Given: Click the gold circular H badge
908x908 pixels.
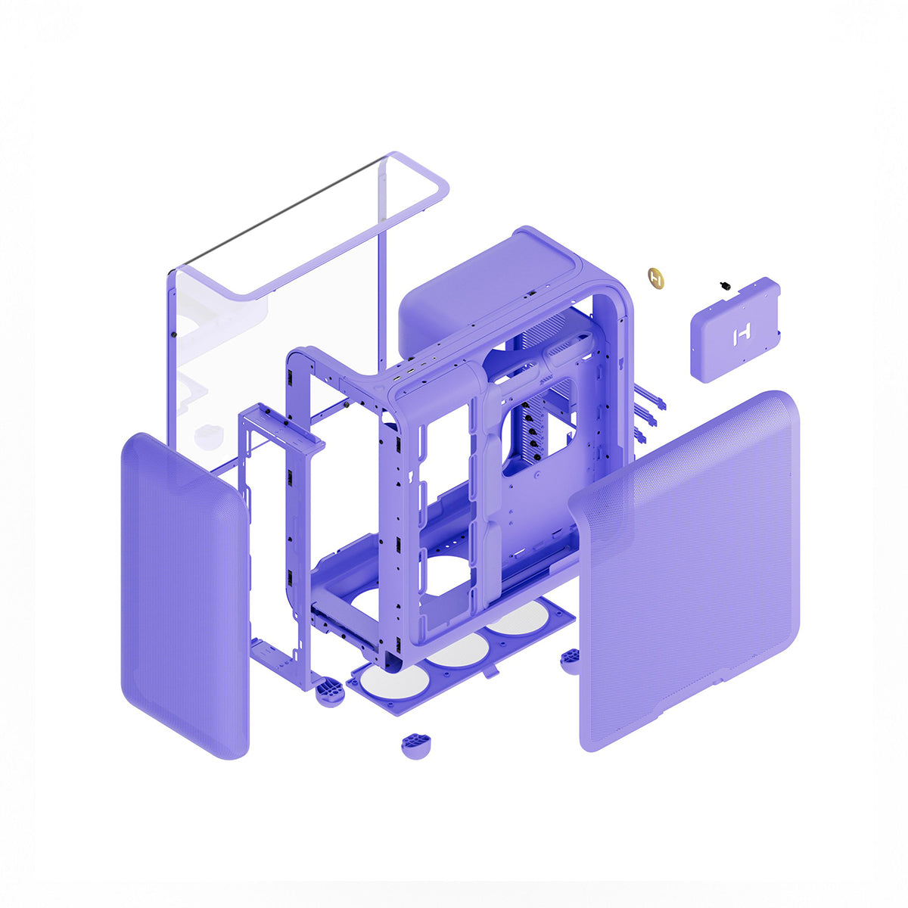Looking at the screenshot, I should tap(657, 277).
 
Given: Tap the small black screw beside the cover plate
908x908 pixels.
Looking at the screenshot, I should tap(725, 286).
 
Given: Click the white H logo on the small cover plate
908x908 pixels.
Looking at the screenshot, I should tap(741, 334).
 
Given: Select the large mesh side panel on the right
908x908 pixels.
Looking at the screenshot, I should tap(689, 575).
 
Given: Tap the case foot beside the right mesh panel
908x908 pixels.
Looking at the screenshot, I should tap(571, 660).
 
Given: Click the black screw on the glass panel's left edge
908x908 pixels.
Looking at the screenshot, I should tap(175, 334).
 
